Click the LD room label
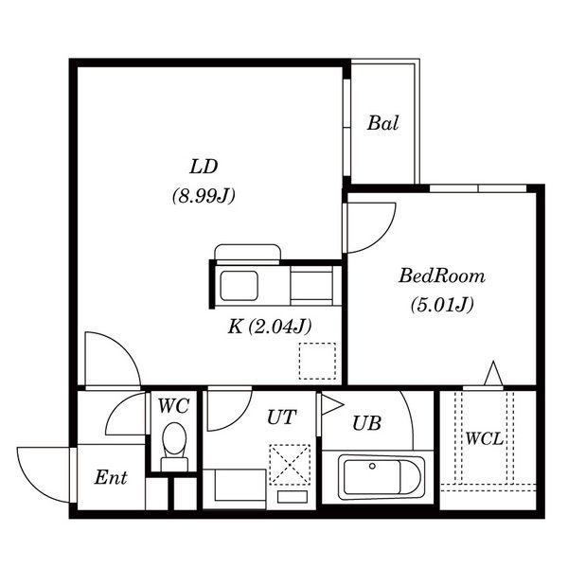pos(204,167)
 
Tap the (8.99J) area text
pos(204,196)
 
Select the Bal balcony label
pos(382,123)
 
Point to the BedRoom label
pos(442,275)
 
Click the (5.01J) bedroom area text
pos(442,305)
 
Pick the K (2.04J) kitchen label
pos(270,327)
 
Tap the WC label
pos(173,406)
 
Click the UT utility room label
pos(282,417)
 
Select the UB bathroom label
pos(366,423)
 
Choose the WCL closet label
pos(485,439)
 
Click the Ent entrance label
pos(111,477)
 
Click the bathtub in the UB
pos(382,477)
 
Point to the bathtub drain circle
pos(372,466)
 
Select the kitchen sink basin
pos(240,286)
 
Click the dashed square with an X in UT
pos(290,465)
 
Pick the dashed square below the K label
pos(317,361)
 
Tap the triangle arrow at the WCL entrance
pos(493,373)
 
